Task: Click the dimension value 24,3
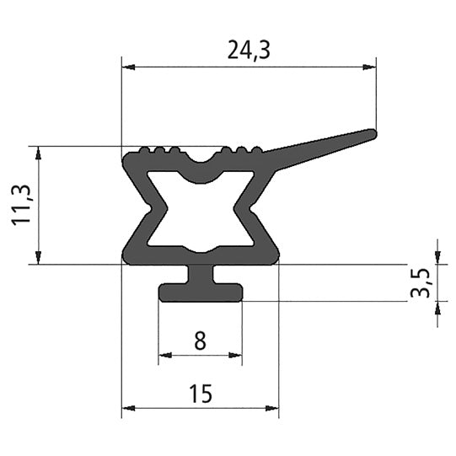(249, 51)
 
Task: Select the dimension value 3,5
(422, 282)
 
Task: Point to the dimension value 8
(200, 341)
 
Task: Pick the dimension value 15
(200, 394)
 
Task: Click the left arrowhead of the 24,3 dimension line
(127, 67)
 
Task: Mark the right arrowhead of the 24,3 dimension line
(371, 67)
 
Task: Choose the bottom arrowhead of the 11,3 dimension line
(39, 259)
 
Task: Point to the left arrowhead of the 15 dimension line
(127, 409)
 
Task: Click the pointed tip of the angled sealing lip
(373, 132)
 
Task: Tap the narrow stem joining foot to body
(200, 275)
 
